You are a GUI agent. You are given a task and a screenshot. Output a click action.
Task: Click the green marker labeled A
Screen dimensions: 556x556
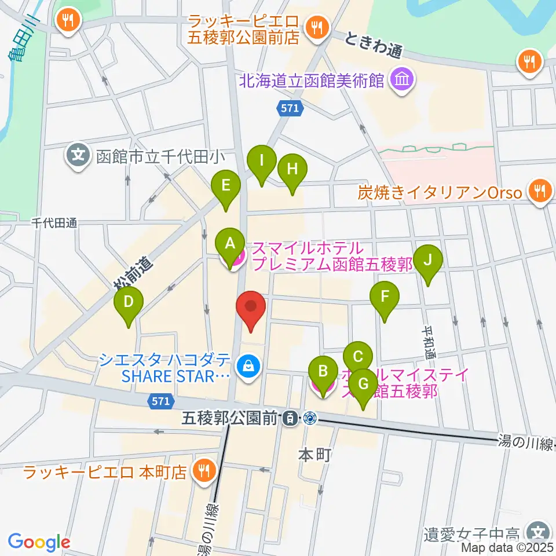230,243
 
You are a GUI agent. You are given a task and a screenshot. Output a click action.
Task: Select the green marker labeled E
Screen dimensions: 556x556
225,186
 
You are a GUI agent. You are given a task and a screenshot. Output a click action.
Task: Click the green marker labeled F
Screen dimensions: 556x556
385,298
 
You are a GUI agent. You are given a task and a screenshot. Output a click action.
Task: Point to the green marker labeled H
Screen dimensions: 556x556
292,170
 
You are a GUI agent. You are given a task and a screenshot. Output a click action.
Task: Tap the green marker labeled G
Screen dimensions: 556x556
363,384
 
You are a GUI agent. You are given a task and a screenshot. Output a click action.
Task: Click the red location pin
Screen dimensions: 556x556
251,307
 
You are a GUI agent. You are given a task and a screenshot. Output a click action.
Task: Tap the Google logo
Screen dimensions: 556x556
39,542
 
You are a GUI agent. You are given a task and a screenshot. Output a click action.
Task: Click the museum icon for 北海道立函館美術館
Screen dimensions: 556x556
401,79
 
